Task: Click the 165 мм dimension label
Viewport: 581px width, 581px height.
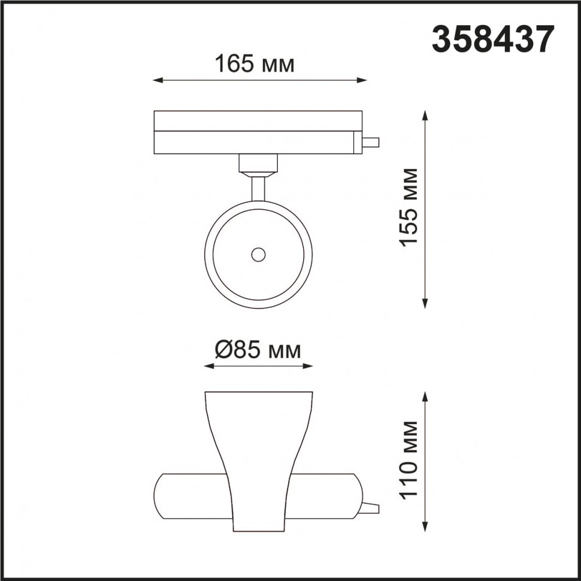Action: click(255, 63)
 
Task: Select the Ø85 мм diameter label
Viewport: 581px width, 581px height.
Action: click(257, 350)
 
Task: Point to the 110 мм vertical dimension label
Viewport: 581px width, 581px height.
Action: click(409, 459)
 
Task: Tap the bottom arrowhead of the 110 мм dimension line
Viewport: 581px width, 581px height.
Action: click(425, 527)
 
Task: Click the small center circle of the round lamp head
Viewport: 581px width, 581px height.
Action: click(258, 255)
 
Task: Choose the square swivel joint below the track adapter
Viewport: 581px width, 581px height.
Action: click(258, 163)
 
